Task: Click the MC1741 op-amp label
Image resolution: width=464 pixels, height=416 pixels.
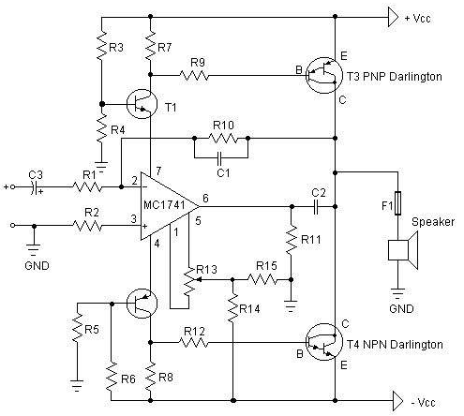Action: tap(164, 205)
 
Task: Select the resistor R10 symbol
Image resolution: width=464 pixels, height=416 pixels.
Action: tap(223, 138)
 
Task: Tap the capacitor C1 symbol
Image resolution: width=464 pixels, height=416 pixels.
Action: tap(219, 158)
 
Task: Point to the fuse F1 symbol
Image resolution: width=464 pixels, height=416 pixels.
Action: tap(397, 203)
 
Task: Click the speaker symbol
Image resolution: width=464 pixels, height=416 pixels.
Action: tap(402, 250)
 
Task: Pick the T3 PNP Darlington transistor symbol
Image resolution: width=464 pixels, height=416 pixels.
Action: tap(324, 75)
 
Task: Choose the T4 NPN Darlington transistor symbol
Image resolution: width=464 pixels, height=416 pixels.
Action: tap(324, 342)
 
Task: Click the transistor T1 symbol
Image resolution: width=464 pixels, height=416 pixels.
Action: tap(142, 104)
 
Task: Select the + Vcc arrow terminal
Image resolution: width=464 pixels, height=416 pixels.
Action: tap(393, 18)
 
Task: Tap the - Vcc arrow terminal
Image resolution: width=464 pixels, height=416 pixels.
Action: tap(398, 401)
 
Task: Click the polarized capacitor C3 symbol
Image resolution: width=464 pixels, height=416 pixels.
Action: tap(35, 187)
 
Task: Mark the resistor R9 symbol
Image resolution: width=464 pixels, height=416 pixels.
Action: tap(194, 76)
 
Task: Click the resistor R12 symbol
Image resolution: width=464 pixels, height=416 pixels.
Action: tap(194, 343)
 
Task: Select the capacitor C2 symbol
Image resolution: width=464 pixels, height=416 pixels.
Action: tap(316, 207)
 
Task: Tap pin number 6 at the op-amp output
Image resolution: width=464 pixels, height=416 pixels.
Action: tap(205, 198)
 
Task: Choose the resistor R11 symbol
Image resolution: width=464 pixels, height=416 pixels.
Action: tap(292, 240)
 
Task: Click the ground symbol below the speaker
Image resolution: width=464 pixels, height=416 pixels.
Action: tap(397, 293)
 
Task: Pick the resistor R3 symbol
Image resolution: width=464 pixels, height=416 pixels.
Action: tap(102, 45)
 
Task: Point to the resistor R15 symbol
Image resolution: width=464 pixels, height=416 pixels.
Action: tap(262, 280)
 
